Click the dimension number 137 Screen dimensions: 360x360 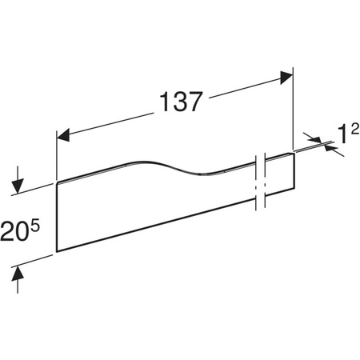pos(181,102)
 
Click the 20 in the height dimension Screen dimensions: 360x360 pos(14,232)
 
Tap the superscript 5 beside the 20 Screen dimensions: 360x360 pos(34,226)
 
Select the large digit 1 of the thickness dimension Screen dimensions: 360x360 pos(342,134)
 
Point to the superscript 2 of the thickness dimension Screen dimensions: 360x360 pos(355,130)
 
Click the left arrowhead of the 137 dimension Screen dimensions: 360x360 pos(63,135)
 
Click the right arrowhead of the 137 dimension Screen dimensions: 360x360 pos(286,78)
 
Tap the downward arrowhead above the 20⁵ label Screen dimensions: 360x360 pos(18,186)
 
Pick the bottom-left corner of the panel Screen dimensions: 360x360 pos(57,251)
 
